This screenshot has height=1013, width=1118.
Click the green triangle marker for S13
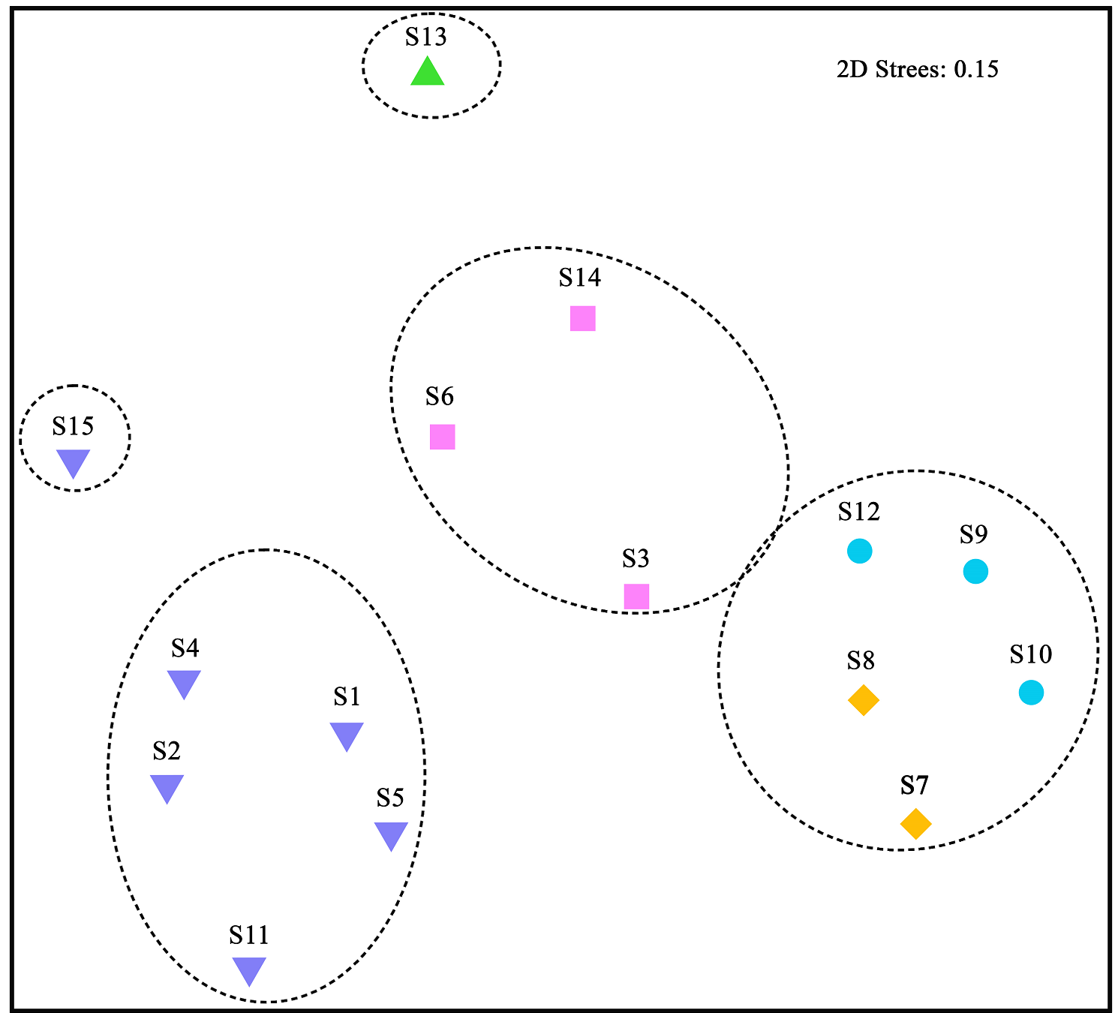click(x=428, y=73)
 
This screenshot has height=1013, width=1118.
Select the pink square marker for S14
click(x=583, y=318)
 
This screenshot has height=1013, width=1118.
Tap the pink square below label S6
click(x=443, y=437)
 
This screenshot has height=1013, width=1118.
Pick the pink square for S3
click(x=636, y=597)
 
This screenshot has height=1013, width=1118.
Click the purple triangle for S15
click(x=74, y=461)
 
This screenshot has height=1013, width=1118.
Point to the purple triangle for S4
click(x=184, y=683)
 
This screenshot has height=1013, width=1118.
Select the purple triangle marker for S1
click(x=347, y=735)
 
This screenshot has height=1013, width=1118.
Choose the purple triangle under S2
click(x=167, y=787)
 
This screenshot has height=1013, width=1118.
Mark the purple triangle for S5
click(x=391, y=834)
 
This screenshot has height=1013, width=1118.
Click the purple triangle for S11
click(x=249, y=969)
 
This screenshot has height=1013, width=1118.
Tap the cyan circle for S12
click(x=859, y=551)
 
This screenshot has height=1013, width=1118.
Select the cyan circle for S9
click(x=975, y=572)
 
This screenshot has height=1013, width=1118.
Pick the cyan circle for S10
click(x=1031, y=692)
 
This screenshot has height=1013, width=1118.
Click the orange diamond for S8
click(x=863, y=700)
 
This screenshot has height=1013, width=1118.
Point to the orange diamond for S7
click(x=915, y=824)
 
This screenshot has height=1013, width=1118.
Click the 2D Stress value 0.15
click(x=976, y=70)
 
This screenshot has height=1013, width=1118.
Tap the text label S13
click(x=425, y=37)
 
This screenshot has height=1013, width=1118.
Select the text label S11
click(x=248, y=935)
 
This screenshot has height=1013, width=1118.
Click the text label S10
click(x=1030, y=654)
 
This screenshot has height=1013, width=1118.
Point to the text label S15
click(x=73, y=426)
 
